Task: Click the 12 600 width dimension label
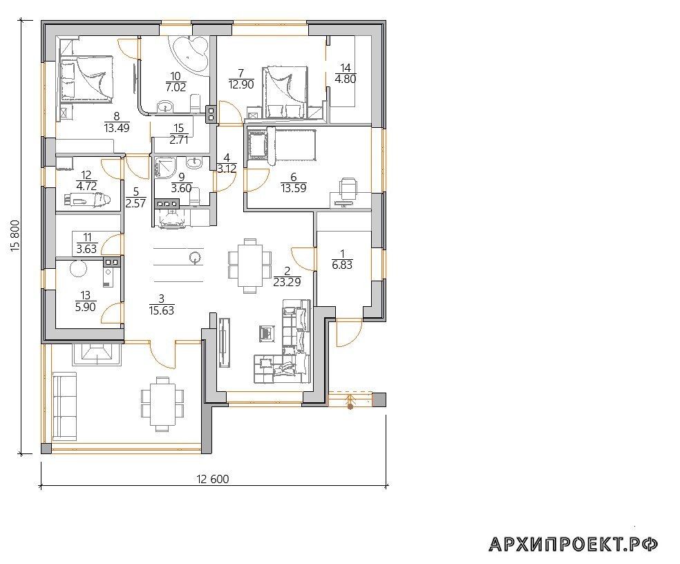[x=213, y=479]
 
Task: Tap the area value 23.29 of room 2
[x=287, y=282]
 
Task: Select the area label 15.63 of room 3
[x=161, y=310]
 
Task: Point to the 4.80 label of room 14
[x=346, y=79]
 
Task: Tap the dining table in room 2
[x=249, y=265]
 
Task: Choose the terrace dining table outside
[x=162, y=404]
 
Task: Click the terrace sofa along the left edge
[x=64, y=406]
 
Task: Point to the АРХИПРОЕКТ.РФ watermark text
[x=574, y=544]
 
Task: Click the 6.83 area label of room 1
[x=342, y=265]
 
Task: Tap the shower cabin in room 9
[x=165, y=167]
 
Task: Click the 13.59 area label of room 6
[x=294, y=188]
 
